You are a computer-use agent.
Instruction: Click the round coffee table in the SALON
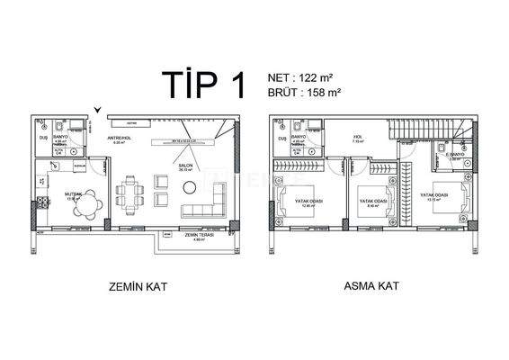pyautogui.click(x=191, y=186)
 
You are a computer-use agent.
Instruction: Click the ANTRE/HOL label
pyautogui.click(x=121, y=138)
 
